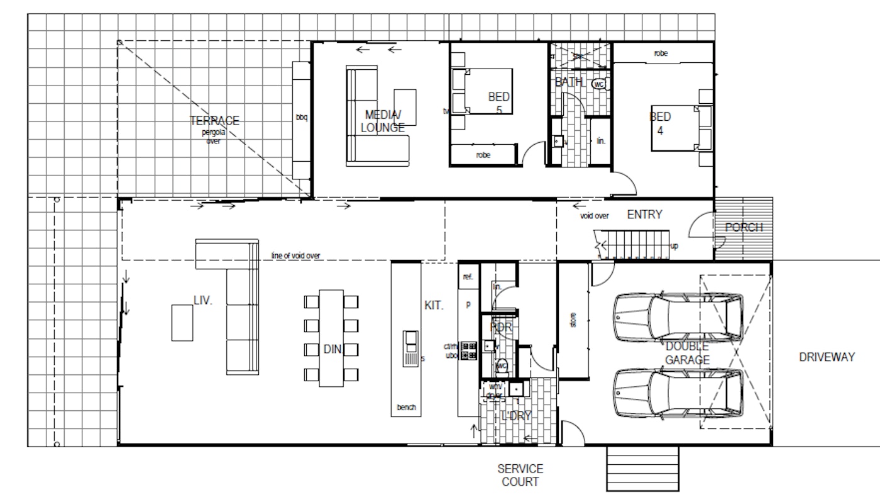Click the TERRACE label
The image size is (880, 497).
pos(215,121)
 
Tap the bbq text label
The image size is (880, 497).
pos(301,117)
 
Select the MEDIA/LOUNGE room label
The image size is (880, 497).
pos(382,120)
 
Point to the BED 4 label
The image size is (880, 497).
pos(660,123)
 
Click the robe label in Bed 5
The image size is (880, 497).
pos(483,154)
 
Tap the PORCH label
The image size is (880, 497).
pos(744,227)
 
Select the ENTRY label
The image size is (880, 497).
pos(644,215)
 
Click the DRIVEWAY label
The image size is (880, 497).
pos(827,357)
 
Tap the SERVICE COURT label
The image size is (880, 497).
pos(520,476)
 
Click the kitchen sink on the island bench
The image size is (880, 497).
pos(410,342)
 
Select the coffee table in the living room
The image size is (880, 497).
pos(183,322)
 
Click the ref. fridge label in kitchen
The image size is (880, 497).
pos(467,277)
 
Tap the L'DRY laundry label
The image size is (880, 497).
pos(517,415)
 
